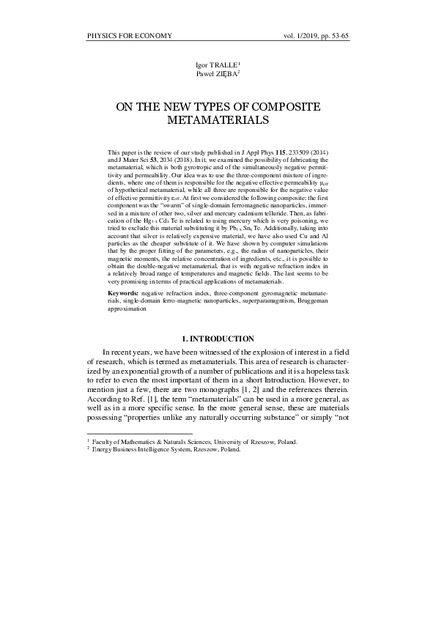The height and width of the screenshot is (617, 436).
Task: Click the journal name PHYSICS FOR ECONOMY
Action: (129, 35)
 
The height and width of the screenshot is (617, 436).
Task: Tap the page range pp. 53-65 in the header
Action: (329, 35)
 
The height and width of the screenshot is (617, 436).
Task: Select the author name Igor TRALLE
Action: (216, 65)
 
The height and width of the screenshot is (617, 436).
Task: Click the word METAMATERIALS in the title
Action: (218, 119)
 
